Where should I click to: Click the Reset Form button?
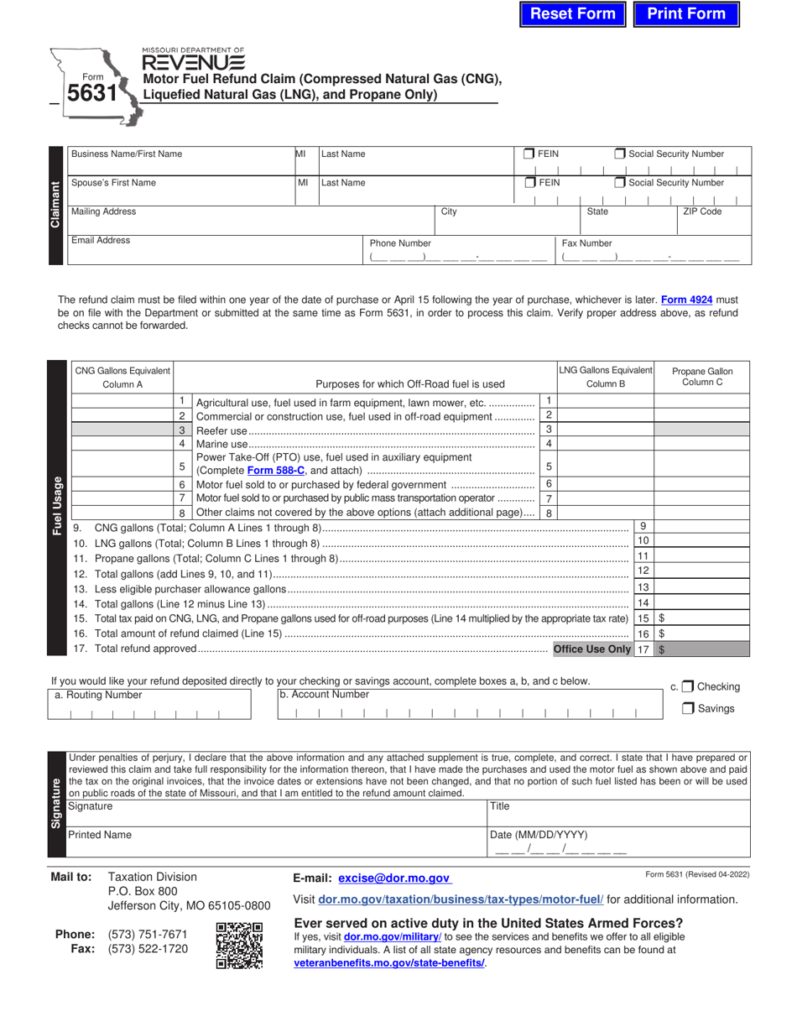coord(573,13)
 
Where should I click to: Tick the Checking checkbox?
coord(688,686)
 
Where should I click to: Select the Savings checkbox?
coord(688,708)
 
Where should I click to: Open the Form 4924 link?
coord(687,299)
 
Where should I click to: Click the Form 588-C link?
coord(274,471)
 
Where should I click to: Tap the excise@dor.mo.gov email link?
coord(394,878)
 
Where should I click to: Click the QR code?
coord(239,946)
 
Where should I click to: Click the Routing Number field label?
coord(98,695)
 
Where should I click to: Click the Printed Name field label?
coord(100,835)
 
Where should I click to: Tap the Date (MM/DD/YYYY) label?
coord(539,835)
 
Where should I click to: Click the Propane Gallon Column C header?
coord(701,377)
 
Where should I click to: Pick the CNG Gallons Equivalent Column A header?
coord(122,377)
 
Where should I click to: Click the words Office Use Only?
coord(591,649)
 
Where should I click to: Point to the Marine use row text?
coord(222,444)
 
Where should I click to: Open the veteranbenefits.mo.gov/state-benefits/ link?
coord(388,962)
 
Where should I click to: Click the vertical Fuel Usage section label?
coord(58,507)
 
